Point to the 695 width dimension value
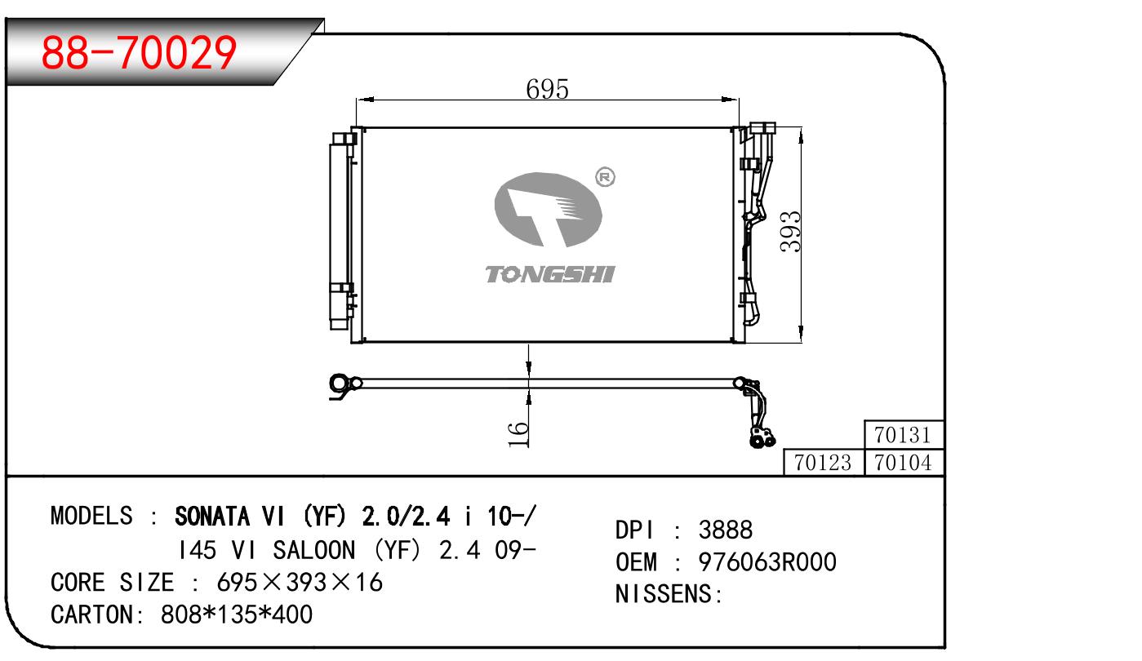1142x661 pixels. (x=546, y=89)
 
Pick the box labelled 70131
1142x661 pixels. (x=904, y=434)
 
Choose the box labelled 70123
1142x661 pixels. (x=823, y=463)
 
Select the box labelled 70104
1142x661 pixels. (x=904, y=463)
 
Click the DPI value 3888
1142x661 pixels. (x=726, y=530)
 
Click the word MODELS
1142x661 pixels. (x=91, y=516)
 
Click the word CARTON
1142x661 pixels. (x=92, y=614)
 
